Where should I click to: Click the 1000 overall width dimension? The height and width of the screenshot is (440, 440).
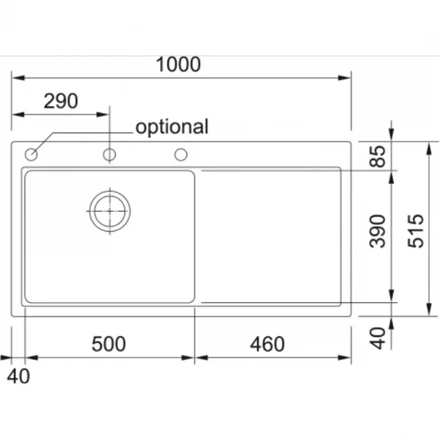178,65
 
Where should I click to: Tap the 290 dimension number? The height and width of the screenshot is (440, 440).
61,101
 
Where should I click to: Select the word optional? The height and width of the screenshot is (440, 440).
172,127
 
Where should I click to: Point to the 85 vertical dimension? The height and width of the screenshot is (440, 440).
378,156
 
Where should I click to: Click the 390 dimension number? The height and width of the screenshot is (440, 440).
378,231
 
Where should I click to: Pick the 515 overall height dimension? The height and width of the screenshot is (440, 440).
415,231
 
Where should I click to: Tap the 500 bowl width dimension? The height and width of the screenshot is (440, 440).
109,344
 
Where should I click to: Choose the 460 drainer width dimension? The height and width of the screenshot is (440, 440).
267,344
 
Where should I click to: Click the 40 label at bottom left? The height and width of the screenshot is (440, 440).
18,376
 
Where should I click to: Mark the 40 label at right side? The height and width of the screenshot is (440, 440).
378,338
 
